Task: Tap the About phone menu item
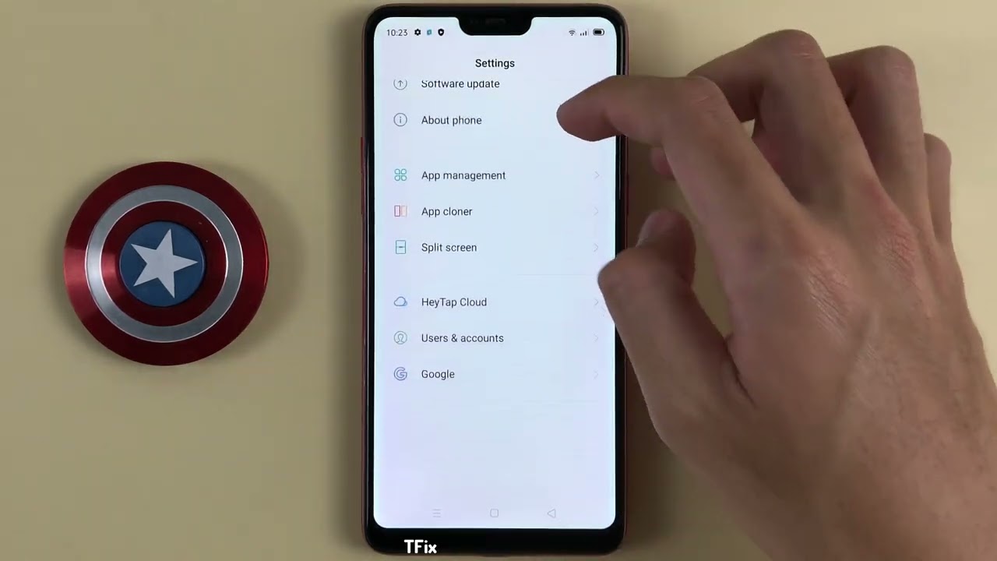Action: (451, 120)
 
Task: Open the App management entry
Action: (463, 175)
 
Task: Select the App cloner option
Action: (446, 211)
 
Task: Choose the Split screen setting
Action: (449, 248)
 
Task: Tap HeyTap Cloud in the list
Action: (453, 302)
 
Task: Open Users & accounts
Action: (462, 338)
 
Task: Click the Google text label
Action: (438, 374)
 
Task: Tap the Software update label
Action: (460, 84)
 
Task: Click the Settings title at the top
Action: (495, 63)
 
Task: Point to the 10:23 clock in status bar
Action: (397, 33)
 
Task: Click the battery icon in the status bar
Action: (598, 33)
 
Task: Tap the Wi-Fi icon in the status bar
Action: (572, 33)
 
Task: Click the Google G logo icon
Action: (400, 374)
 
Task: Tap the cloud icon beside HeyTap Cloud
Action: (400, 302)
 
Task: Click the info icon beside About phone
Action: (400, 120)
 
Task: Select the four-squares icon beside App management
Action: (400, 175)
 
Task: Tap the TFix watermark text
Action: (421, 547)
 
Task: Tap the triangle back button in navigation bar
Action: (551, 513)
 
